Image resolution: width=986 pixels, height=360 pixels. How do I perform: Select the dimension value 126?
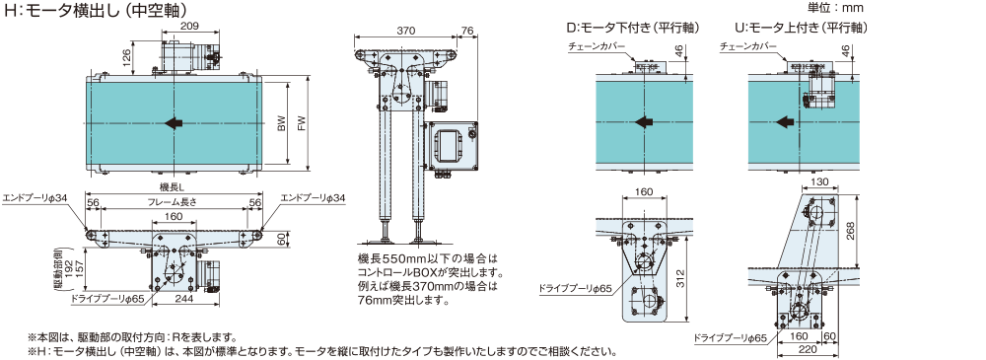point(126,58)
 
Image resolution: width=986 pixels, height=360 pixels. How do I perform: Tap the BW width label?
point(281,123)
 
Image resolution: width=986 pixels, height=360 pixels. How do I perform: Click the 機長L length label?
point(173,187)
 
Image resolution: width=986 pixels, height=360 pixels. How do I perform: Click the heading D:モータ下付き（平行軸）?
point(633,28)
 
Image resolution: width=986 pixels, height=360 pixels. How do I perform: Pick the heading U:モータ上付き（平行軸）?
point(801,28)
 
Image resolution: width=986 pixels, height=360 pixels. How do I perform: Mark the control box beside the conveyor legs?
point(451,147)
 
